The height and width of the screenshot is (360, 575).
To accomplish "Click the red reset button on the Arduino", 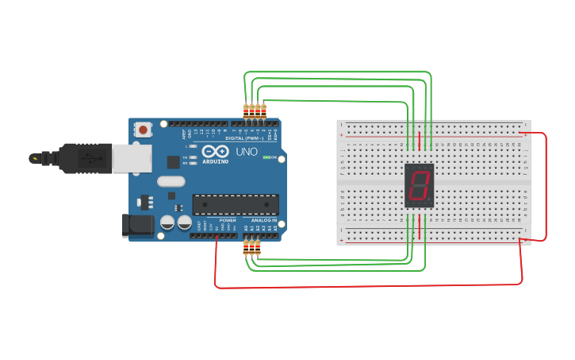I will point(143,129).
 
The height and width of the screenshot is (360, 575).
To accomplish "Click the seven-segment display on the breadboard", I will point(419,186).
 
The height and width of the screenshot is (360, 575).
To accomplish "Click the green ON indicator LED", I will point(267,157).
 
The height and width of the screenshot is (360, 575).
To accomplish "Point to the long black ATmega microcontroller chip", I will point(236,204).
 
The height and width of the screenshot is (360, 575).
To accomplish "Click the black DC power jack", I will point(137,225).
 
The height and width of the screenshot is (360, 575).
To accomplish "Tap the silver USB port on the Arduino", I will point(131,157).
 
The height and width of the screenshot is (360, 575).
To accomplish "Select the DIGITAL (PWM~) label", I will point(245,138).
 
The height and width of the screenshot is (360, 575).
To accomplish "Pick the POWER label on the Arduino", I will point(228,219).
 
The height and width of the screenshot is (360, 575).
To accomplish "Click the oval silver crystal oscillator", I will point(171,181).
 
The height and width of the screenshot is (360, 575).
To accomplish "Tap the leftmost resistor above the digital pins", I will point(246,111).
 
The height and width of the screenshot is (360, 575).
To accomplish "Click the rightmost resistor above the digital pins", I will point(263,110).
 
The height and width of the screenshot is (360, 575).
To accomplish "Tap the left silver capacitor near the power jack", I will point(167,223).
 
